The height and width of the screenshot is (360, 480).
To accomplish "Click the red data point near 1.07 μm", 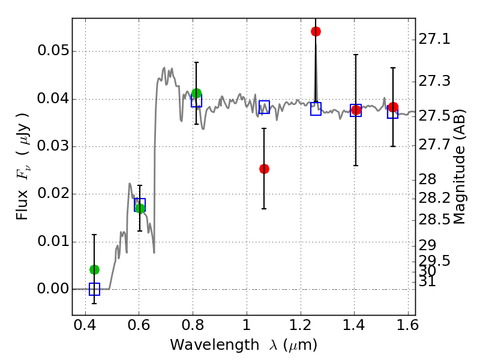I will (264, 169).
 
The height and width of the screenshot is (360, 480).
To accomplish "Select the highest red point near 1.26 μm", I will (316, 31).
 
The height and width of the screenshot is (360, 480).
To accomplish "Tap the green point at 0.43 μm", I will (94, 269).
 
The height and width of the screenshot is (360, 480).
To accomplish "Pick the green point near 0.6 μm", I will (140, 208).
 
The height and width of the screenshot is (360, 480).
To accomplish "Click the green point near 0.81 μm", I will (196, 93).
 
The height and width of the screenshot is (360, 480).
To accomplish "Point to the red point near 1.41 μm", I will (356, 110).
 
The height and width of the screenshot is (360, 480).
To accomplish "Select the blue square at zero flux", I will (94, 289).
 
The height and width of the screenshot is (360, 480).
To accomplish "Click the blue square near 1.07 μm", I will (264, 107).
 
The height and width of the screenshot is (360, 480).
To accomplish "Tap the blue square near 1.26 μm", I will (316, 109).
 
